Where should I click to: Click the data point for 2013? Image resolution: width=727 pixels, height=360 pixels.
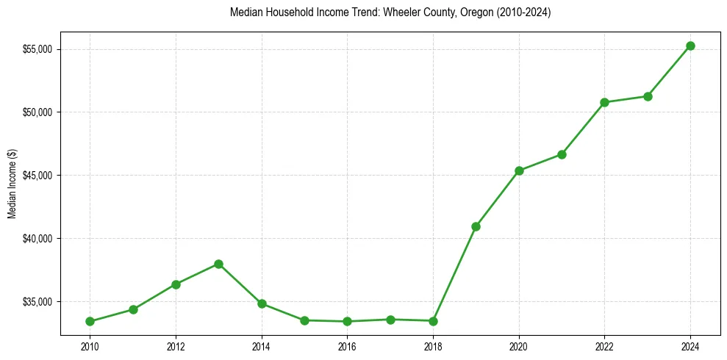[218, 264]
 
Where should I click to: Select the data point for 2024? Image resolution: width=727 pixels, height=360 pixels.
[690, 46]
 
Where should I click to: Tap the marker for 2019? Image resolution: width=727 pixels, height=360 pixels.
[476, 226]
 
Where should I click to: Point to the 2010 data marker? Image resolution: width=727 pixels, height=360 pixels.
[90, 321]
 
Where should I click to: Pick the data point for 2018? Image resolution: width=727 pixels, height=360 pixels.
[433, 321]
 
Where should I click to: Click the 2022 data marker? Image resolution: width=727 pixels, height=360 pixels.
[604, 102]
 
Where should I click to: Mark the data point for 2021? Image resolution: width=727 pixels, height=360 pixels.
[562, 154]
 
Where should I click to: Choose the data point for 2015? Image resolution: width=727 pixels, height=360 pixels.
[304, 320]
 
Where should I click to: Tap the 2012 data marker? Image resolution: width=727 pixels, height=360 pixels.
[176, 284]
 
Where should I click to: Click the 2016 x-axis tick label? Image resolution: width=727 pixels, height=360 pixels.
[347, 346]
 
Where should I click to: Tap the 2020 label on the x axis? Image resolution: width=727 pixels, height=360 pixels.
[519, 346]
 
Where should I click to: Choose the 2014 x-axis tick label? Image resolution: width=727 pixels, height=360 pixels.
[261, 346]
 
